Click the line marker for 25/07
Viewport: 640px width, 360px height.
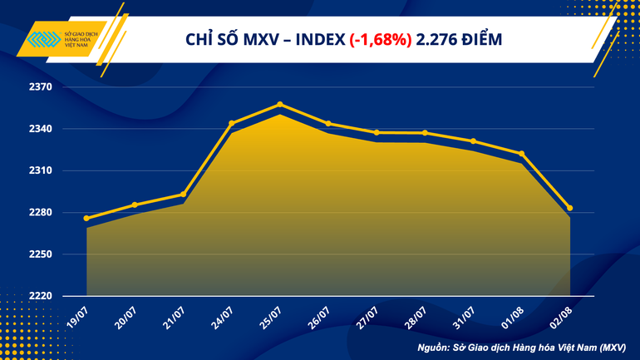coord(280,105)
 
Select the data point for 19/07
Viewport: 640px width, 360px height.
coord(86,219)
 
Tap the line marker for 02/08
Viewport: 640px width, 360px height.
coord(570,209)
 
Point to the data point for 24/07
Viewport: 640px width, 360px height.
coord(232,123)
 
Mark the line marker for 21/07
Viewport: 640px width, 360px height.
coord(183,195)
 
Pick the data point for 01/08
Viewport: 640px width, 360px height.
coord(521,154)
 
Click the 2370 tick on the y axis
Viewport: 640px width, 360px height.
coord(41,87)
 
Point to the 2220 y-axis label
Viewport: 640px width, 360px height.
coord(41,296)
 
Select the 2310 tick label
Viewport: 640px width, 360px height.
coord(41,170)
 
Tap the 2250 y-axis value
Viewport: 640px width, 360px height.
coord(41,254)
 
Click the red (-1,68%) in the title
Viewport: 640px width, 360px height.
coord(381,39)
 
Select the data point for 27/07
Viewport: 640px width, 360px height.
coord(377,133)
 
